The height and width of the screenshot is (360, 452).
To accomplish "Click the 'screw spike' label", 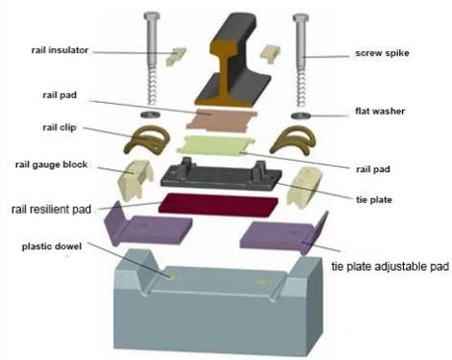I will click(383, 53).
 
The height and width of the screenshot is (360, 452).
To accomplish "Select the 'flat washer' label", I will click(379, 112).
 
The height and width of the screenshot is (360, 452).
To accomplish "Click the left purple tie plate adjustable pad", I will click(151, 227).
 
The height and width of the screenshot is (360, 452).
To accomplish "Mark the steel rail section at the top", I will click(231, 63).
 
